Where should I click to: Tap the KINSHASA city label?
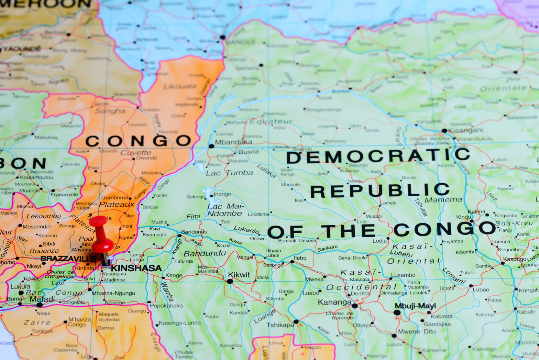[136, 268]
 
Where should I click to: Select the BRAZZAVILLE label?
[67, 259]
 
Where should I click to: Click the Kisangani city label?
[466, 130]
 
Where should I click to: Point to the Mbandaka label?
[233, 142]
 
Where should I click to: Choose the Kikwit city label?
[239, 275]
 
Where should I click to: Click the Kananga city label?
[334, 302]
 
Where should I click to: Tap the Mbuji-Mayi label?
[415, 306]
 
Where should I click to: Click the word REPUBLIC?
[380, 190]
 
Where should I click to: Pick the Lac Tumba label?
[229, 173]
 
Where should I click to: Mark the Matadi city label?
[42, 299]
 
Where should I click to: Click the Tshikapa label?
[280, 325]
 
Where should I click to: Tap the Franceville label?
[64, 195]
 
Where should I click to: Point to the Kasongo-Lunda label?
[179, 323]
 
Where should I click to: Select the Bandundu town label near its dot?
[194, 232]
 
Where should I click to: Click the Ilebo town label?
[300, 258]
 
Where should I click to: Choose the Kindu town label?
[463, 217]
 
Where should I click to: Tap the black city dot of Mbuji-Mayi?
[397, 313]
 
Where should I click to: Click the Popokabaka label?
[166, 305]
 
